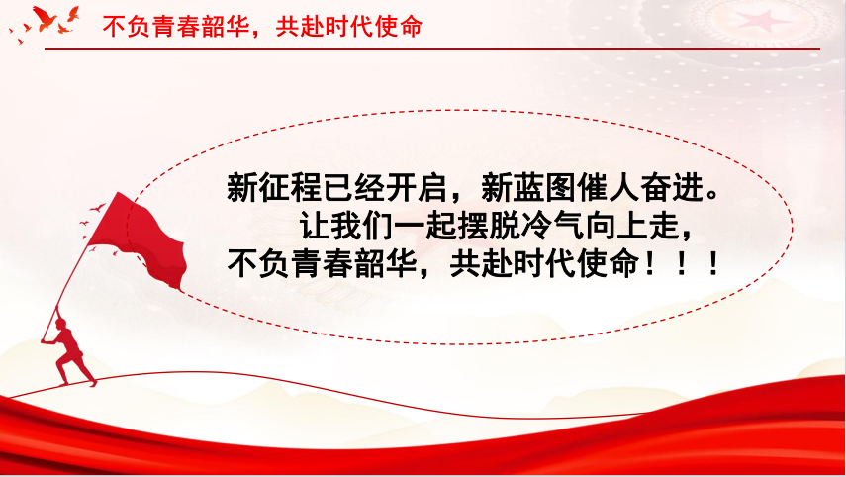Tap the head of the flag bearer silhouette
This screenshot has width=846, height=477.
tap(60, 324)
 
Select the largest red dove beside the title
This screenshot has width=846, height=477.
tap(45, 18)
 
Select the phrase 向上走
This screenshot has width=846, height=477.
tap(631, 226)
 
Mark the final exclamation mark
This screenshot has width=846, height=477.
tap(713, 264)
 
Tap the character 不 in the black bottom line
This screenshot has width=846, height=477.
tap(242, 264)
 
